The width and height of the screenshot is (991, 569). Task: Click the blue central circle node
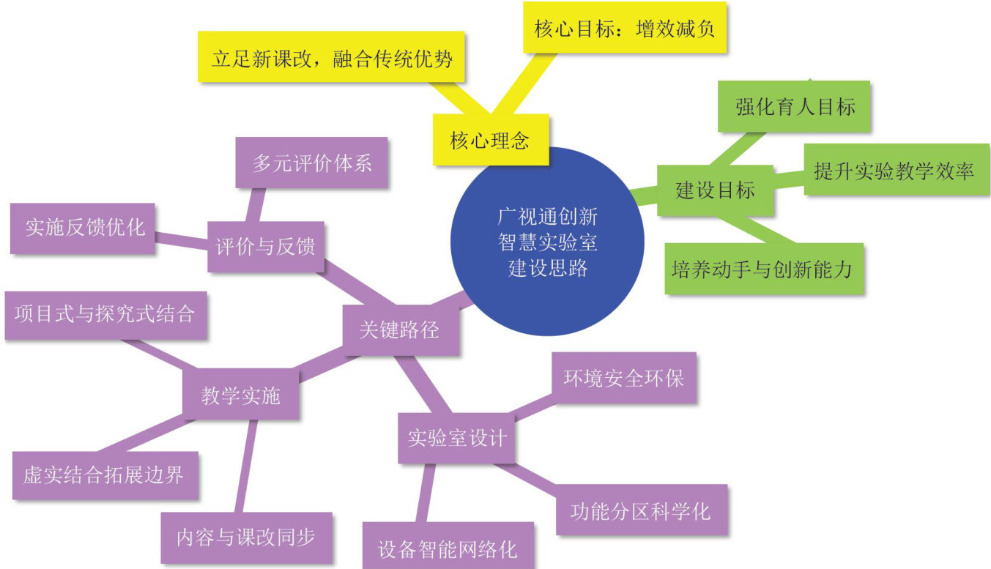click(547, 242)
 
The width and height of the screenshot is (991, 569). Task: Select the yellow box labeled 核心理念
click(490, 140)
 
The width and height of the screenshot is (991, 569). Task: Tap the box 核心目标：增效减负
click(625, 30)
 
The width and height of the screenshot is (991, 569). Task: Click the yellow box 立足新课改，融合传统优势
click(332, 57)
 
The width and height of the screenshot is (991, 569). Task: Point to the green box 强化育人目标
click(795, 107)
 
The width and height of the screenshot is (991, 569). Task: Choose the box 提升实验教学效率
click(895, 171)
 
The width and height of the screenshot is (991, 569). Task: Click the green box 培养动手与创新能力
click(762, 269)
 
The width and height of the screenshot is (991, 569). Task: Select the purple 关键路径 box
click(401, 330)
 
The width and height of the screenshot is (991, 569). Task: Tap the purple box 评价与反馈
click(265, 247)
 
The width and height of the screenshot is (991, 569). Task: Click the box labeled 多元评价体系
click(312, 162)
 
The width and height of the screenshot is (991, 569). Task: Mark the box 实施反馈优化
click(84, 228)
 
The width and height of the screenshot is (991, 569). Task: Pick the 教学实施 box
click(240, 395)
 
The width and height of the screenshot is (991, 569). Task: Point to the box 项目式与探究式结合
click(105, 315)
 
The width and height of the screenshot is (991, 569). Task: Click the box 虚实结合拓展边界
click(105, 475)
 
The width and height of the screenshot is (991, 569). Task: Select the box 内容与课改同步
click(246, 537)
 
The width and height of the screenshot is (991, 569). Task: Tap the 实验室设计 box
click(456, 438)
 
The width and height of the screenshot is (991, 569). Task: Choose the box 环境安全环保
click(624, 378)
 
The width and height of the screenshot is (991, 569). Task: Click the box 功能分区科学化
click(641, 510)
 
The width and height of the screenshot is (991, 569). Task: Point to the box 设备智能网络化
click(448, 548)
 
